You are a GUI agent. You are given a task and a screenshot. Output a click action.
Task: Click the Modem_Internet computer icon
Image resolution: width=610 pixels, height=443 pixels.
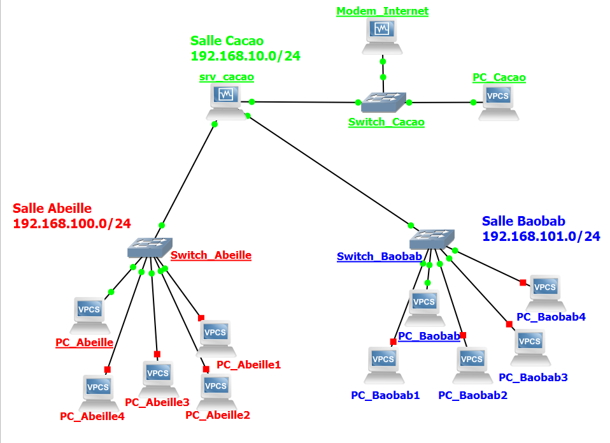pyautogui.click(x=382, y=36)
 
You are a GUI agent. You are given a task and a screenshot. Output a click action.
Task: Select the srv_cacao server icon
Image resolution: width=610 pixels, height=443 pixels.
pyautogui.click(x=227, y=101)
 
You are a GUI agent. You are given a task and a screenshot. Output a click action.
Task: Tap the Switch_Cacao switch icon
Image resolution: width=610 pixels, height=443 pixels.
pyautogui.click(x=383, y=103)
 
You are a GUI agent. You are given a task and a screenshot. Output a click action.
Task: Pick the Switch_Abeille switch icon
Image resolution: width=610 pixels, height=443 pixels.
pyautogui.click(x=150, y=247)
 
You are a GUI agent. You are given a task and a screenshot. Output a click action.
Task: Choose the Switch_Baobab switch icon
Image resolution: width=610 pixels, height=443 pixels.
pyautogui.click(x=432, y=239)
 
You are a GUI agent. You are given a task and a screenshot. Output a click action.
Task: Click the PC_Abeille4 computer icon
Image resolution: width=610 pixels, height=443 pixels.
pyautogui.click(x=99, y=393)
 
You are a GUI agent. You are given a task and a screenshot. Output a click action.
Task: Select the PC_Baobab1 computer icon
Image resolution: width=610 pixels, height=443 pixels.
pyautogui.click(x=384, y=365)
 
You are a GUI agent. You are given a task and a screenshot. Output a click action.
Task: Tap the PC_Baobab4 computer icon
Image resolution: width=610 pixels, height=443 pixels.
pyautogui.click(x=546, y=293)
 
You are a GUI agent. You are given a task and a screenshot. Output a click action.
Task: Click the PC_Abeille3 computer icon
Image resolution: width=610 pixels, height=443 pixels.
pyautogui.click(x=159, y=379)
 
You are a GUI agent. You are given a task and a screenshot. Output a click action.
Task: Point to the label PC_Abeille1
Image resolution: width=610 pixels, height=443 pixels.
pyautogui.click(x=248, y=365)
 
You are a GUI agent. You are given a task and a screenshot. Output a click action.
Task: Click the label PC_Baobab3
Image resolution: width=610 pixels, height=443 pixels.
pyautogui.click(x=533, y=377)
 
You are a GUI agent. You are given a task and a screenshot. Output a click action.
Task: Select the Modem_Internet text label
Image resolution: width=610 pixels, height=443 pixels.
pyautogui.click(x=383, y=11)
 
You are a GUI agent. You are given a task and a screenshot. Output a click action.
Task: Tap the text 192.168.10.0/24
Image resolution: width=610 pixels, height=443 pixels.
pyautogui.click(x=246, y=56)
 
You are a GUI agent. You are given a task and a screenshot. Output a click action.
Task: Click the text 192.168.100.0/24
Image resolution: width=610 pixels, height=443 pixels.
pyautogui.click(x=72, y=224)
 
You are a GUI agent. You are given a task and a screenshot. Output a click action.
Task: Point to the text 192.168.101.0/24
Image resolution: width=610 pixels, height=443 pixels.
pyautogui.click(x=541, y=236)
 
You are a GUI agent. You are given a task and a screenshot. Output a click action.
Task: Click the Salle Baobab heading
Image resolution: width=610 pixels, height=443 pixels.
pyautogui.click(x=523, y=221)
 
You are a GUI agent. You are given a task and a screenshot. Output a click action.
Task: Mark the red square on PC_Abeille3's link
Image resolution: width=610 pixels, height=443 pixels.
pyautogui.click(x=157, y=354)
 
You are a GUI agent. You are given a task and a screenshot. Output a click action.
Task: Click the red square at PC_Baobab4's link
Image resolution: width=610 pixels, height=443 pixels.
pyautogui.click(x=523, y=282)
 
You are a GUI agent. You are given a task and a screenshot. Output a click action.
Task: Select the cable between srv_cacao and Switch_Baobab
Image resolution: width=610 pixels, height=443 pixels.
pyautogui.click(x=329, y=171)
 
